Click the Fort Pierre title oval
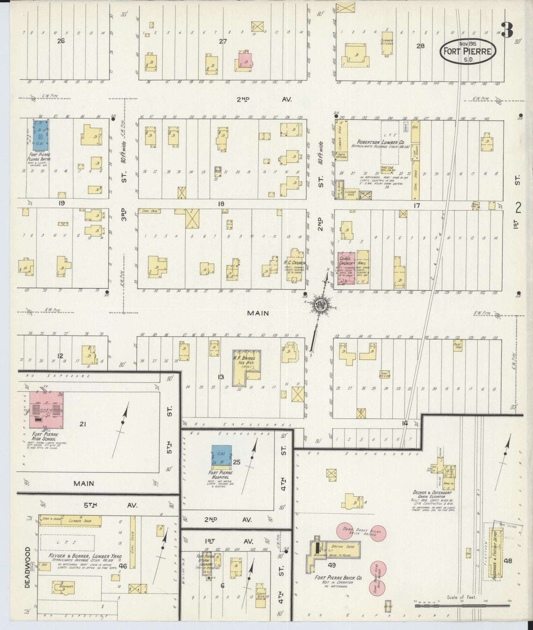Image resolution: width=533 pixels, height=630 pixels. click(467, 51)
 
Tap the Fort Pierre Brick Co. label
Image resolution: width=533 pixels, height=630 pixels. click(338, 578)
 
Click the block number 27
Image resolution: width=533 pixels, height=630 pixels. click(222, 41)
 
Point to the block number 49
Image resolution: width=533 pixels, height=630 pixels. click(331, 564)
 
